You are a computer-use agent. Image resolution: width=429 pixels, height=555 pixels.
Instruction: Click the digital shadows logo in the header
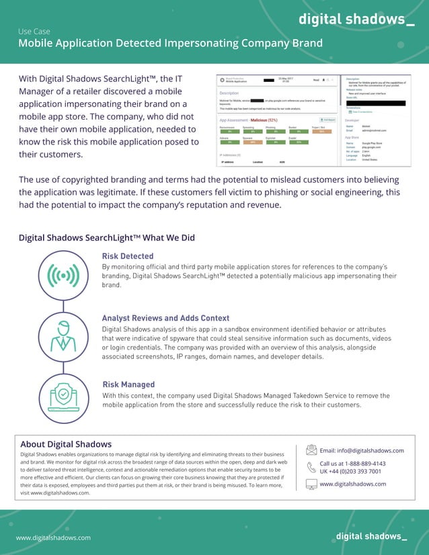click(356, 19)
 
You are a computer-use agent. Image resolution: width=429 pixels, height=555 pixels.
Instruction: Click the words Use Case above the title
click(34, 31)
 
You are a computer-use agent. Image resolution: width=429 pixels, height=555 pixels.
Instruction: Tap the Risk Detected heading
click(128, 256)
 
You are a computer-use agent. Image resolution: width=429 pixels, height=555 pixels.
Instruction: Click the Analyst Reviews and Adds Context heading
click(165, 318)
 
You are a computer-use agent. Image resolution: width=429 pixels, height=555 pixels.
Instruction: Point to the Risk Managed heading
click(128, 384)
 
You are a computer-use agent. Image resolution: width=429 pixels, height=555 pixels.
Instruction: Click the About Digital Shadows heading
click(66, 444)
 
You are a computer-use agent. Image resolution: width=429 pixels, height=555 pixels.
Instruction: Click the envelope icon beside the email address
click(311, 450)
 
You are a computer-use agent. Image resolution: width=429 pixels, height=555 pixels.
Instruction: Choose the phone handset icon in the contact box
click(311, 467)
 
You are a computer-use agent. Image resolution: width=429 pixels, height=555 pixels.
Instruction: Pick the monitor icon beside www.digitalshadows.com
click(311, 484)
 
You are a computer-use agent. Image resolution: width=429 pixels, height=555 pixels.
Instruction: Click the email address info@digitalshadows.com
click(362, 450)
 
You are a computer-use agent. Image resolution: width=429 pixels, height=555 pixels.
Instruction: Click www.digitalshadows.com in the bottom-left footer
click(53, 538)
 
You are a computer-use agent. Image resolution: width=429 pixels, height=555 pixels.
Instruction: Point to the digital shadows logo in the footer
click(370, 536)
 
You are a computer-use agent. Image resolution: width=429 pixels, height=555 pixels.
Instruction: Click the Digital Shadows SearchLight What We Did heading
click(107, 238)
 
